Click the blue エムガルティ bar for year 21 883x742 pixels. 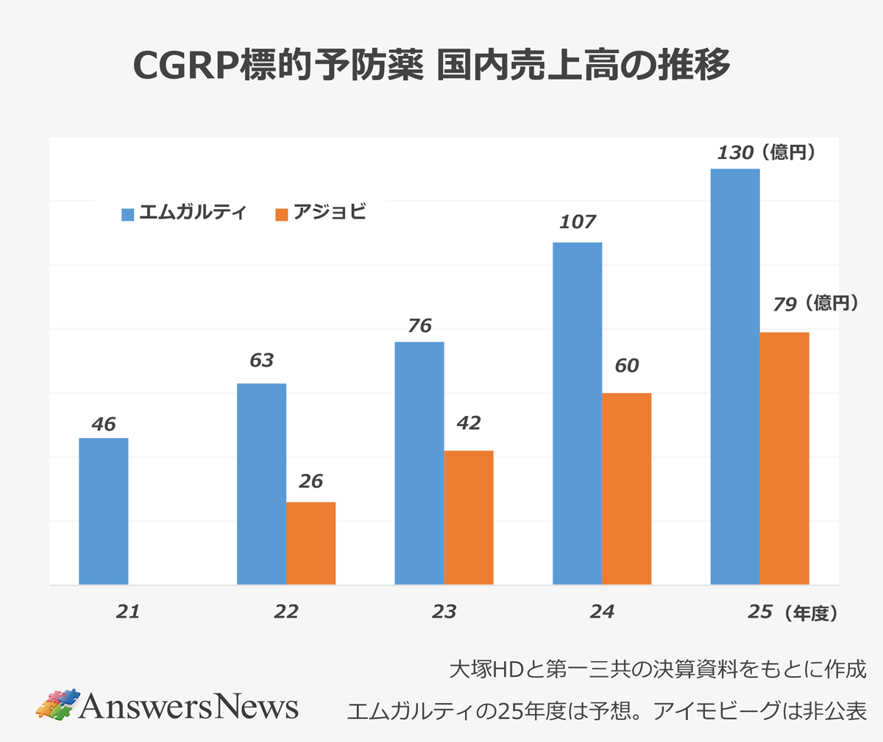[x=104, y=512]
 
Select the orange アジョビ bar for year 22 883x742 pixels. [x=311, y=543]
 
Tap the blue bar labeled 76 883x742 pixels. [x=419, y=463]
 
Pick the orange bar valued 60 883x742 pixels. [x=627, y=489]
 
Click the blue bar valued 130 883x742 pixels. [x=735, y=377]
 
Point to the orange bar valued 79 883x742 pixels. [x=784, y=459]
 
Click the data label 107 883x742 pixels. [x=577, y=222]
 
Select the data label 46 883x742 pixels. [x=104, y=424]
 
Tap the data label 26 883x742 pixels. [x=311, y=481]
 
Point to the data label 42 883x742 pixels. [x=468, y=423]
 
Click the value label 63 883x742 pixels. [x=261, y=361]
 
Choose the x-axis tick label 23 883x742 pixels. [x=444, y=612]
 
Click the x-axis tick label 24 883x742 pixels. [x=601, y=612]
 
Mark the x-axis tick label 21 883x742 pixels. [x=127, y=612]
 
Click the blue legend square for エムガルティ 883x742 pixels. [x=128, y=214]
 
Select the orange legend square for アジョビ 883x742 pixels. [x=281, y=214]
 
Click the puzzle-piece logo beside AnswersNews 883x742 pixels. [x=57, y=705]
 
